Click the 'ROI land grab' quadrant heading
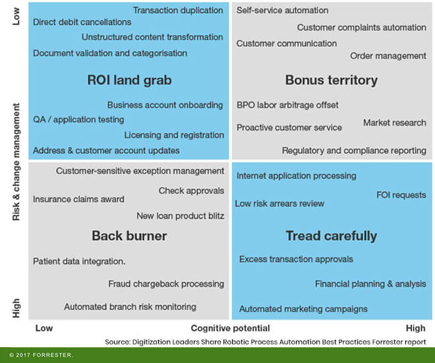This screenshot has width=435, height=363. click(x=129, y=80)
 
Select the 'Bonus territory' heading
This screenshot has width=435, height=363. click(x=331, y=80)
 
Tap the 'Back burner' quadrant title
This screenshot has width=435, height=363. click(x=129, y=236)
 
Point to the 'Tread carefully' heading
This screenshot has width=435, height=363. click(x=331, y=236)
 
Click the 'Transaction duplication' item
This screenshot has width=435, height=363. click(x=178, y=11)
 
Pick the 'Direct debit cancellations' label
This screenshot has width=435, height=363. click(x=82, y=22)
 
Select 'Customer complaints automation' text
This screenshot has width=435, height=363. click(x=361, y=28)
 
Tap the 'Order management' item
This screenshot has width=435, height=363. click(x=388, y=56)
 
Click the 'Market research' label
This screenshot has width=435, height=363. click(x=394, y=123)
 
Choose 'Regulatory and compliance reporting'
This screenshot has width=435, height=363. click(x=354, y=150)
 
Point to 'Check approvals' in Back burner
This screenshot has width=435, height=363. click(x=191, y=191)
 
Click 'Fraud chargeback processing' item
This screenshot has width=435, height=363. click(x=166, y=284)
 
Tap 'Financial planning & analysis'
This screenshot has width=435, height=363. click(x=370, y=284)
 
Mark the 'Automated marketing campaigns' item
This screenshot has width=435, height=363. click(x=303, y=309)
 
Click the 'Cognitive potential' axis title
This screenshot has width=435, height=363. click(x=230, y=328)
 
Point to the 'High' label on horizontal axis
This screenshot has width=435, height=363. click(x=415, y=328)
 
